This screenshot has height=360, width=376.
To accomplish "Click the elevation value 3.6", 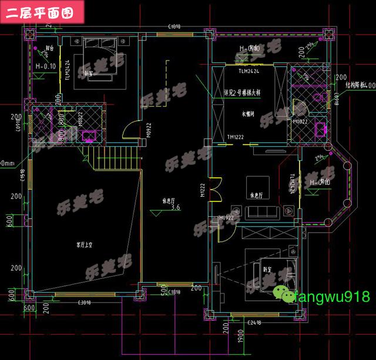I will tap(175, 208).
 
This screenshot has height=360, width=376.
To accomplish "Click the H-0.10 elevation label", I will tap(45, 66).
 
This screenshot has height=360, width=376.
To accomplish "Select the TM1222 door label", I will tap(236, 137).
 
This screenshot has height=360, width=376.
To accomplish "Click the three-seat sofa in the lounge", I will tap(260, 212).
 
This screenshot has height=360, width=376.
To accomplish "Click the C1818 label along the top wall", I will tap(173, 27).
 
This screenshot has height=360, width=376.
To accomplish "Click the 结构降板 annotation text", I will tap(353, 86).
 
